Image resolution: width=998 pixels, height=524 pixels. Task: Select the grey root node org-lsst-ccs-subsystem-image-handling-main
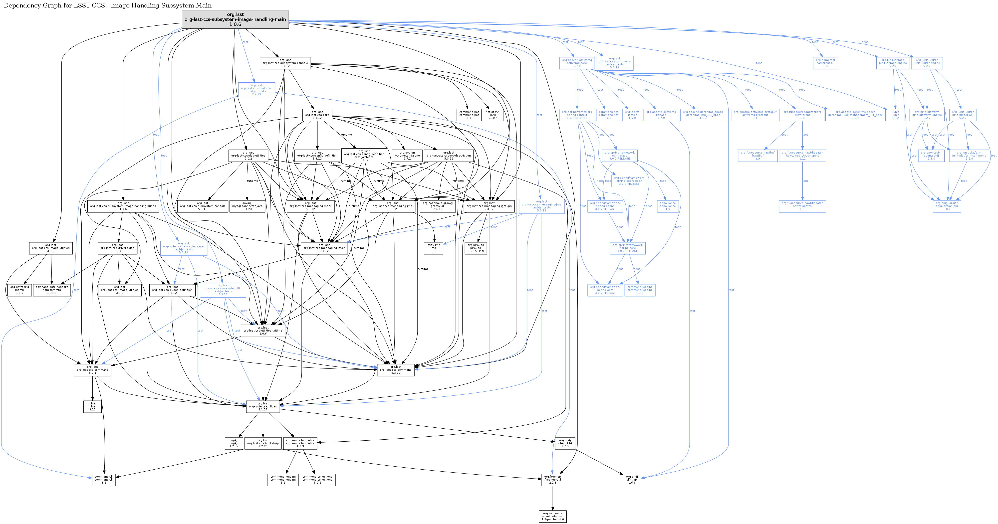tap(235, 19)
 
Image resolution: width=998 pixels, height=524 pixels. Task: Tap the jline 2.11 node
tap(93, 406)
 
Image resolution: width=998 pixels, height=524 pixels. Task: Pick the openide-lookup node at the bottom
tap(552, 516)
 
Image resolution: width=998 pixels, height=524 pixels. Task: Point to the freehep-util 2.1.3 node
tap(552, 480)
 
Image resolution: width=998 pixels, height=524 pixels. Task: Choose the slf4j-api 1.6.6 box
tap(632, 480)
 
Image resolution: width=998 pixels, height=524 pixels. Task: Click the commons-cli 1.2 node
tap(104, 480)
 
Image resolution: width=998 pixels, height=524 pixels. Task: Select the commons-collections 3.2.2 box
tap(317, 480)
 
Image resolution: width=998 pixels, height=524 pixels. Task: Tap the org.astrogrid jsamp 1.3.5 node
tap(19, 290)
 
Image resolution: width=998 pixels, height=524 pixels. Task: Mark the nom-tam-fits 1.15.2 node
tap(52, 290)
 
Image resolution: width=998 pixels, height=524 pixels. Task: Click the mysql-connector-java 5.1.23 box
tap(247, 206)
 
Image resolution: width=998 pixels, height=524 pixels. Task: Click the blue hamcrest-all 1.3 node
tap(825, 63)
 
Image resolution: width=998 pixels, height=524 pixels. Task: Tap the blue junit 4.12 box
tap(895, 115)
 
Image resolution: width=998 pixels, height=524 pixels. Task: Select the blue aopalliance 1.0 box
tap(668, 206)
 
